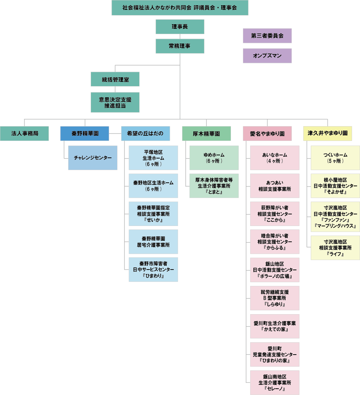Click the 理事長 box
point(180,27)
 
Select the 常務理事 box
point(180,46)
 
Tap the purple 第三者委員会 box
point(267,35)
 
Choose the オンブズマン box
point(267,56)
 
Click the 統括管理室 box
point(115,79)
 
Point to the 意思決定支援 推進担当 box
point(115,102)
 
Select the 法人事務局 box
point(24,134)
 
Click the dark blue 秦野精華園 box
point(85,134)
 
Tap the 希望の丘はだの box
point(145,134)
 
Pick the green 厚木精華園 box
point(206,134)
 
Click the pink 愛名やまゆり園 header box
point(267,134)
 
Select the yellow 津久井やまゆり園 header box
point(328,134)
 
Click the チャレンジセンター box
point(93,158)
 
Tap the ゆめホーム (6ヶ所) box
point(214,158)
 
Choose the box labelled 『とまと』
point(214,186)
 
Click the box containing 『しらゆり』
point(275,298)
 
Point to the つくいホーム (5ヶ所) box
point(335,158)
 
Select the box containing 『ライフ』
point(335,248)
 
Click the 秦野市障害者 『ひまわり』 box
point(153,270)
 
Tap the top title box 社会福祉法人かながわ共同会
point(180,7)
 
